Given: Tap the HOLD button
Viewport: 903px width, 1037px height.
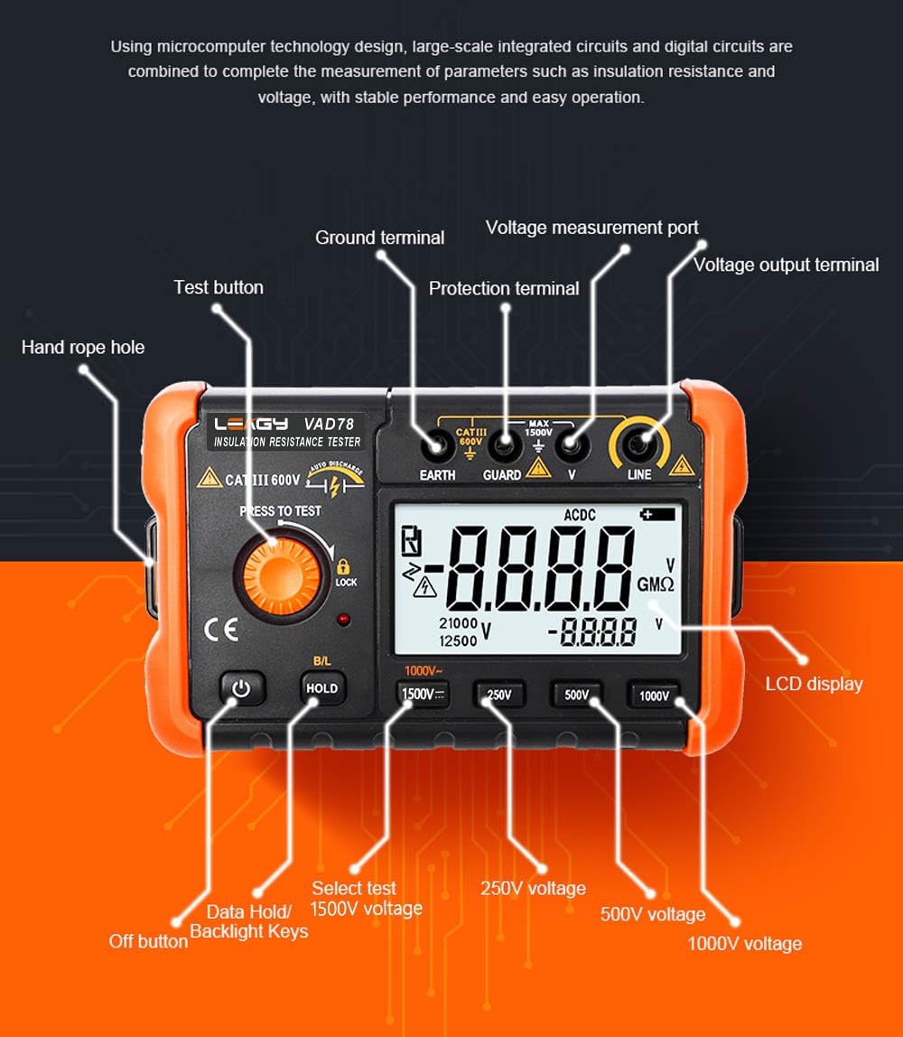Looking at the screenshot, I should point(322,688).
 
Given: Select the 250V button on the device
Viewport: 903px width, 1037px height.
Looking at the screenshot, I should point(499,695).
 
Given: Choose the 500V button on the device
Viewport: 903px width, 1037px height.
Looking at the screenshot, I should point(576,695).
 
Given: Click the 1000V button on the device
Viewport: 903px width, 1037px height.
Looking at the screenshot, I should point(654,696).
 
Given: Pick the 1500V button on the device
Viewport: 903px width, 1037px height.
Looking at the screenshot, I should point(421,694).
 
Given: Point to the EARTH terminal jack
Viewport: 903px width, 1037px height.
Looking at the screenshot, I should point(437,444).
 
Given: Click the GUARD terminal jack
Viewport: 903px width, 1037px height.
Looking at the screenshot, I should point(502,444).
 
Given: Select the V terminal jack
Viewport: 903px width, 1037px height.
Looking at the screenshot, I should point(568,444).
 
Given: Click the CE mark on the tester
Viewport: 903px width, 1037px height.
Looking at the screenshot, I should point(221,630).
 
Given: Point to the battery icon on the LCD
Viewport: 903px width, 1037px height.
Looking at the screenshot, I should point(657,514).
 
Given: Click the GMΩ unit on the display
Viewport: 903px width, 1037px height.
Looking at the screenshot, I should point(655,584).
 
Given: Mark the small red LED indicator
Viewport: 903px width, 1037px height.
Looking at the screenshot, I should point(344,619).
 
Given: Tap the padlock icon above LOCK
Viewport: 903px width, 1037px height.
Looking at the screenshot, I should point(344,566).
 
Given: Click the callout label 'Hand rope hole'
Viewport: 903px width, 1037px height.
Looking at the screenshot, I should point(83,347).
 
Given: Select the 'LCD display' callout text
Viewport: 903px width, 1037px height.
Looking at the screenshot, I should point(814,684).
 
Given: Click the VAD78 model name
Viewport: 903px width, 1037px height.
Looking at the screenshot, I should point(329,422).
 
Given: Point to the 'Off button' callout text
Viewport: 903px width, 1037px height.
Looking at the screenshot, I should point(148,941).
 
